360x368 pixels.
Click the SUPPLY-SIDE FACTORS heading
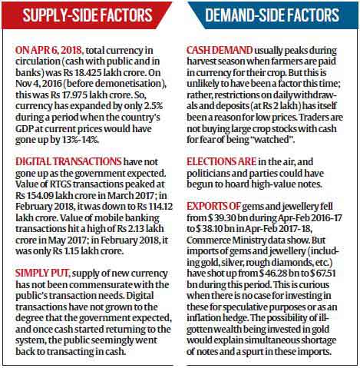pyautogui.click(x=88, y=15)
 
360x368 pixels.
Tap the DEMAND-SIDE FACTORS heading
pyautogui.click(x=272, y=15)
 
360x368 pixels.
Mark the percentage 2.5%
pyautogui.click(x=154, y=106)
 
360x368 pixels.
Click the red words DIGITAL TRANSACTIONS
pyautogui.click(x=68, y=162)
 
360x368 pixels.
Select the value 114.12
pyautogui.click(x=160, y=207)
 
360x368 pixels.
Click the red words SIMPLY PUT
pyautogui.click(x=42, y=274)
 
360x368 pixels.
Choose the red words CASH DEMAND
pyautogui.click(x=220, y=51)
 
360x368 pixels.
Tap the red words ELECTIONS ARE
pyautogui.click(x=221, y=162)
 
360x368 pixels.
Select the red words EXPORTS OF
pyautogui.click(x=213, y=207)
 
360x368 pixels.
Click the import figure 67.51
pyautogui.click(x=325, y=274)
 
